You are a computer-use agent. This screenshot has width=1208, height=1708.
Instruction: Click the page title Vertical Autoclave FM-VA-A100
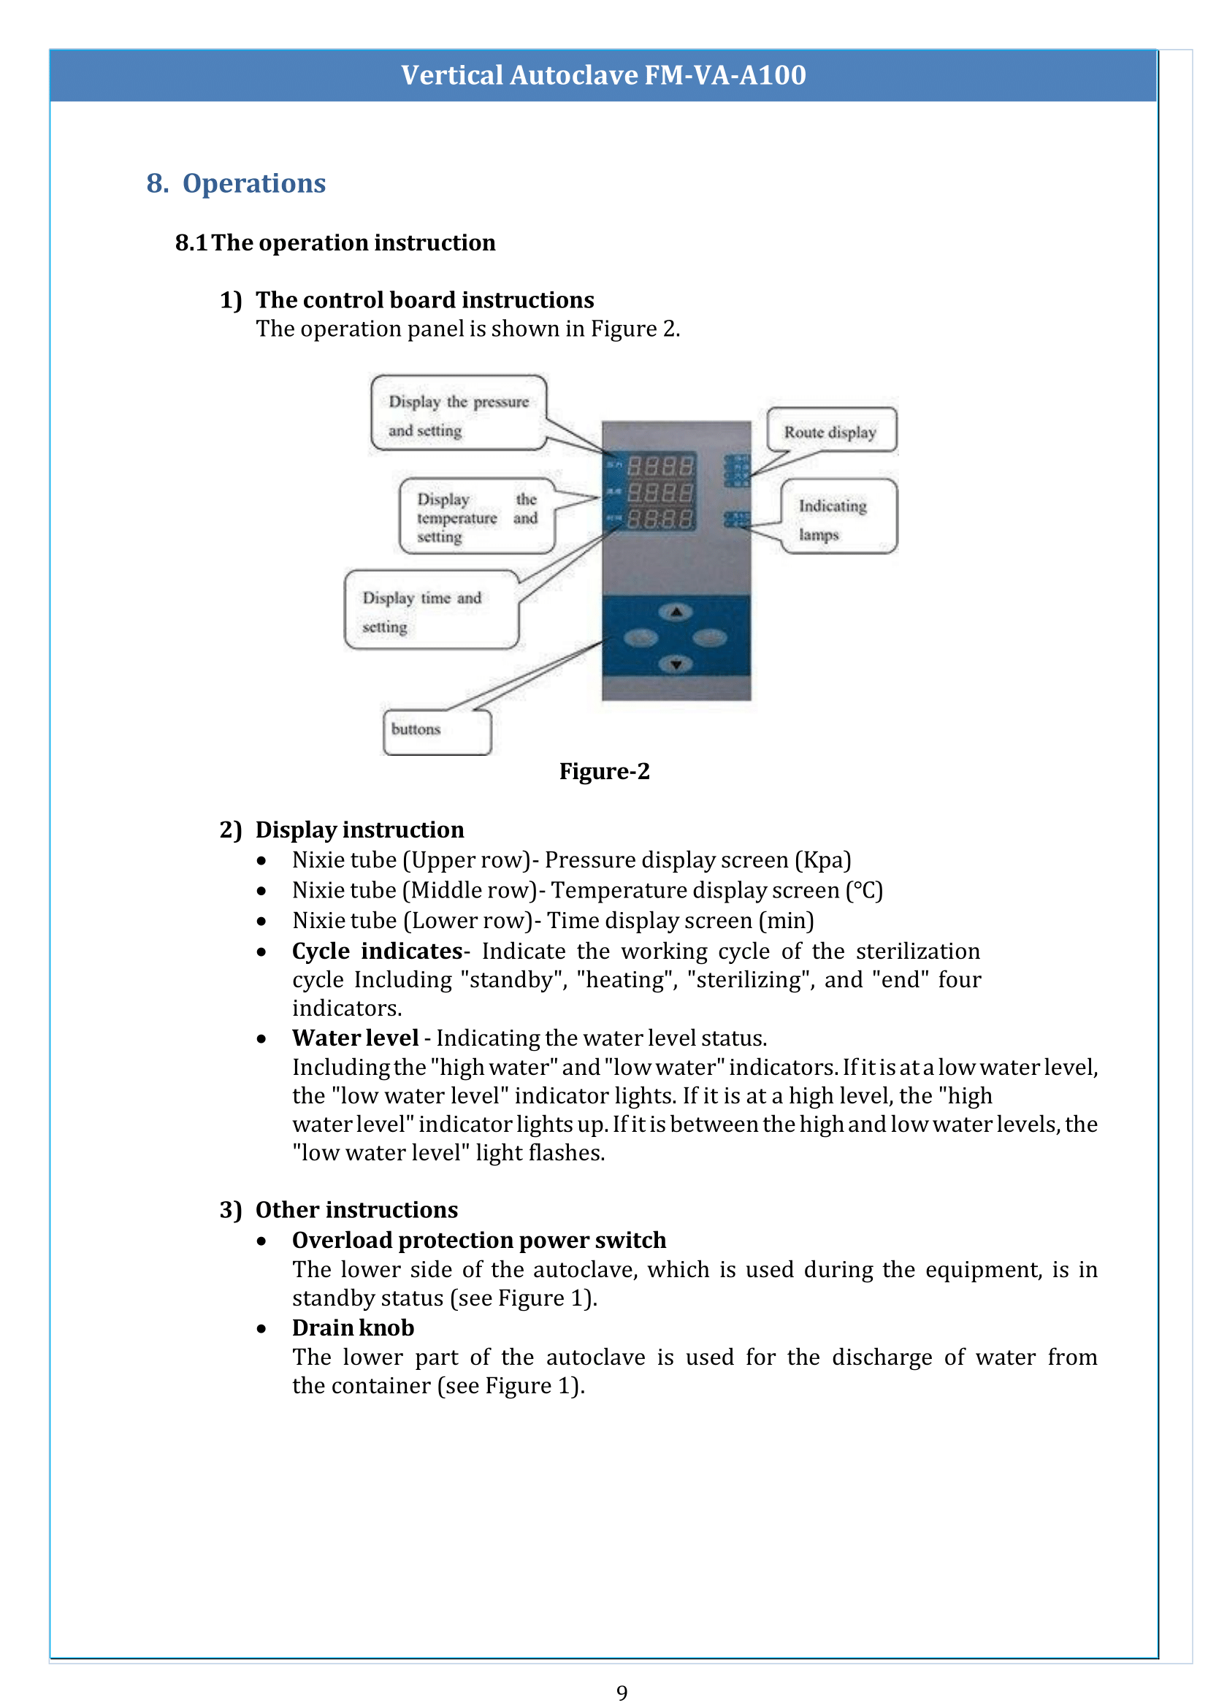coord(603,75)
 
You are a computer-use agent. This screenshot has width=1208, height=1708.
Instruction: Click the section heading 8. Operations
coord(236,183)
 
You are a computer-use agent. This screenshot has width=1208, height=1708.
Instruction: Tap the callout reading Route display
coord(830,432)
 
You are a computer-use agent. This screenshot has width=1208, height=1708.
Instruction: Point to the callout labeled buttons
coord(437,730)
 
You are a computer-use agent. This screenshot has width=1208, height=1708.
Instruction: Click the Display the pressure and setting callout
coord(458,414)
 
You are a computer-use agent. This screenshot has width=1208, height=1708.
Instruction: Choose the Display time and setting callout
coord(431,610)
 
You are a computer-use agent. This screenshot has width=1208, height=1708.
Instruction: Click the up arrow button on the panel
coord(676,612)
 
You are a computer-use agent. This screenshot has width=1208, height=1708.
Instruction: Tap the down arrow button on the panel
coord(676,664)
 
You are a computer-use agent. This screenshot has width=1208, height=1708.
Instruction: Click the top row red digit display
coord(660,467)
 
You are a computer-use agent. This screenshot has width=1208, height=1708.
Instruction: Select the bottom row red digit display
coord(660,518)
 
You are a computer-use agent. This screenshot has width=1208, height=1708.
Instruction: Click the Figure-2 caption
coord(604,771)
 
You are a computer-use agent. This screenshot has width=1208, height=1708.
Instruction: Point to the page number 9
coord(622,1693)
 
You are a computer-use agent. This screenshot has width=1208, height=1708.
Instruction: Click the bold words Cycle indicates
coord(377,951)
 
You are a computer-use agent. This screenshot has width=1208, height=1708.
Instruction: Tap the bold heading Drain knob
coord(353,1328)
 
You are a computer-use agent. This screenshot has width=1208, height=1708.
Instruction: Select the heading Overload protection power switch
coord(478,1240)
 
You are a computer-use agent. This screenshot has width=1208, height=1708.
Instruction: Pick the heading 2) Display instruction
coord(341,830)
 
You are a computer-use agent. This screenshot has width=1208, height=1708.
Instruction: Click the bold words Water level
coord(355,1038)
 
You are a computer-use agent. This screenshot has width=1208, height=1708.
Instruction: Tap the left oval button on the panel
coord(641,637)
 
